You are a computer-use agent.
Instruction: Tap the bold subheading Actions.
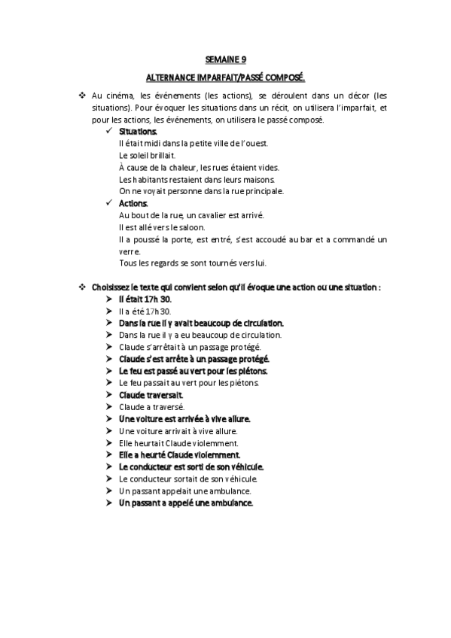tap(133, 203)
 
